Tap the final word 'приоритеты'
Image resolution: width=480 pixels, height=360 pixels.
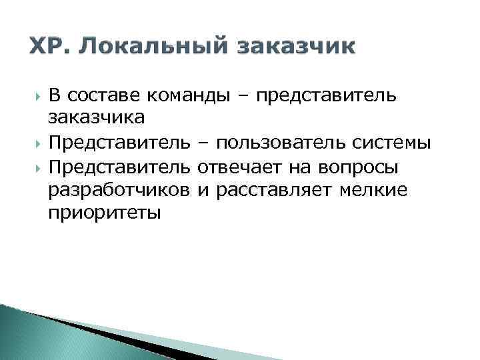104,215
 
